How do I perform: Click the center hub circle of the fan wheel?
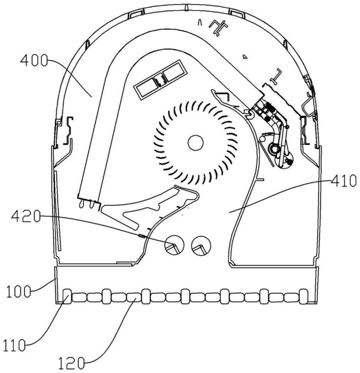(196, 143)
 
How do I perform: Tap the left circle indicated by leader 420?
(174, 245)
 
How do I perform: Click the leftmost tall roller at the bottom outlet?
(67, 297)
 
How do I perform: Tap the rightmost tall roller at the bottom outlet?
(304, 297)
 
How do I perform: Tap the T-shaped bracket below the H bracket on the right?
(276, 76)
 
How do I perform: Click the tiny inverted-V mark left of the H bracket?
(200, 23)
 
